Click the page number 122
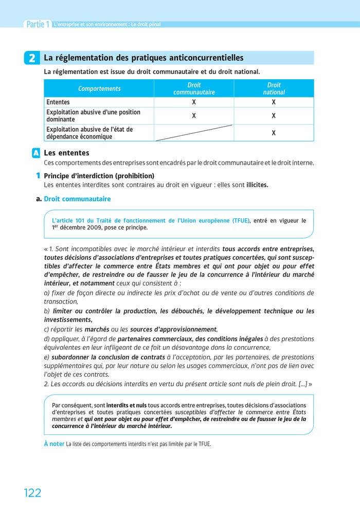[32, 493]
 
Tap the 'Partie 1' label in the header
[38, 24]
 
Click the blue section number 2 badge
[32, 59]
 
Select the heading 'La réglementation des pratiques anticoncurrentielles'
[143, 58]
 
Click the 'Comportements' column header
[99, 89]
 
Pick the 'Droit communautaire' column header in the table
[194, 89]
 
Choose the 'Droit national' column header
[274, 89]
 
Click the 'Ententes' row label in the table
[58, 102]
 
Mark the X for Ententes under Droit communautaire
[194, 102]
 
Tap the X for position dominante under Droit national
[274, 116]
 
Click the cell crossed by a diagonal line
[194, 133]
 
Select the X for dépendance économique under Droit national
[274, 133]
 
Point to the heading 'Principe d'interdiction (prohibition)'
[99, 175]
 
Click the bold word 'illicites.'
[257, 184]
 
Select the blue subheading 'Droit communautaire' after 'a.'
[77, 199]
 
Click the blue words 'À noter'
[54, 444]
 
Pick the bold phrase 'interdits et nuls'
[127, 405]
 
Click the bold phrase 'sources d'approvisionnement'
[173, 329]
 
